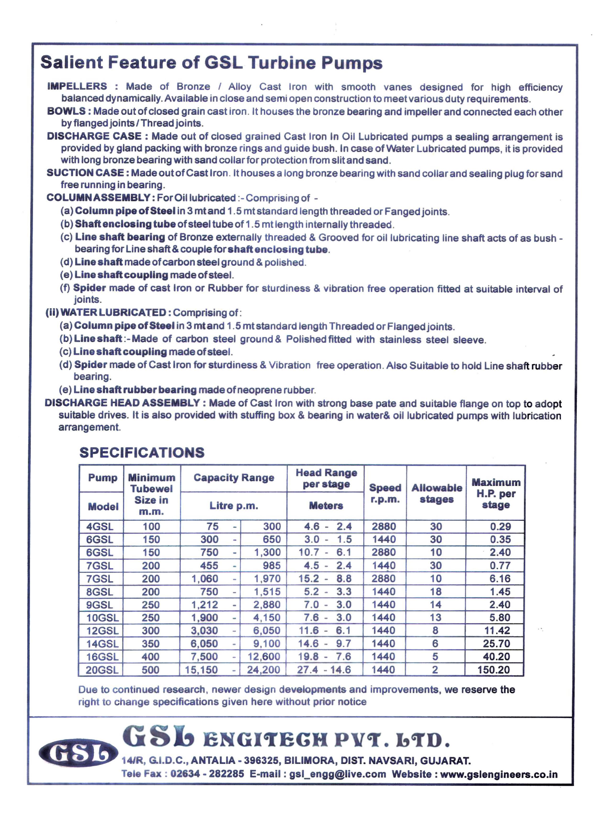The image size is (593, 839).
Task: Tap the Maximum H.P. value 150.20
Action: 494,670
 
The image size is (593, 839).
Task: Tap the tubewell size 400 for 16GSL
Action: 151,657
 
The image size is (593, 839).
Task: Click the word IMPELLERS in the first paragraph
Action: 77,86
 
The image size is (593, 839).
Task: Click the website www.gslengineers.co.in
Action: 499,774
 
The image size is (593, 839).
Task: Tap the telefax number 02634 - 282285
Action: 207,774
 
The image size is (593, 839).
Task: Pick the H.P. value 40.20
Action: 496,657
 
